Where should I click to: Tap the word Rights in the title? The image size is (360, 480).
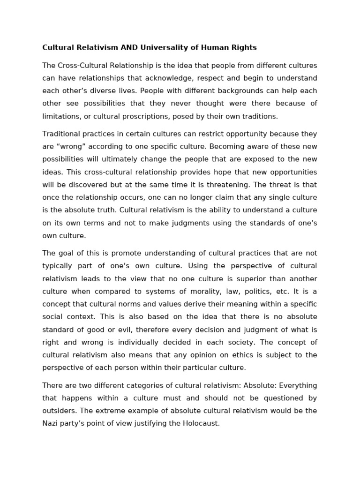(x=244, y=47)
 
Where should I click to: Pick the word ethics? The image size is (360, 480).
(x=254, y=354)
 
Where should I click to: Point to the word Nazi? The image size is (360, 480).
(x=51, y=423)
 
